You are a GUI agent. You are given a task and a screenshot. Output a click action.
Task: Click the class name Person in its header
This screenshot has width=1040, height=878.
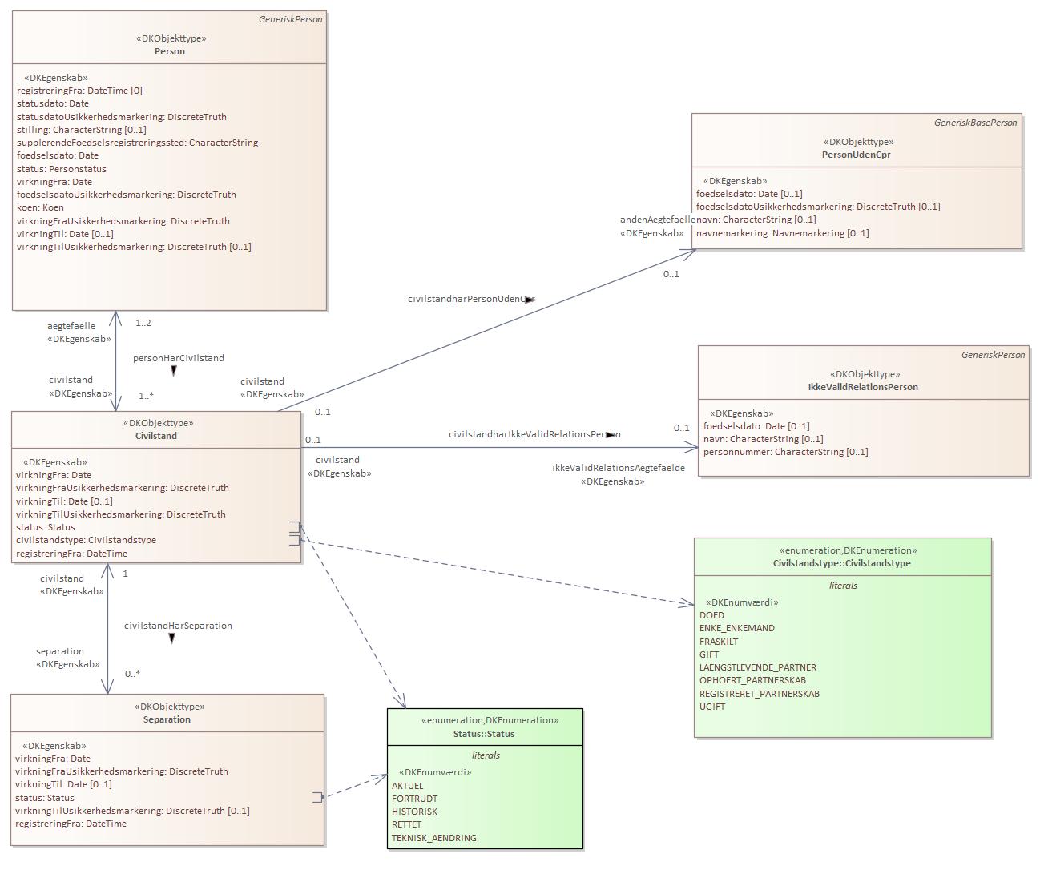(169, 51)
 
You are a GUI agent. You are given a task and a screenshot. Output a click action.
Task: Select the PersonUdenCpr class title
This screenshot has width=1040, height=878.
(856, 155)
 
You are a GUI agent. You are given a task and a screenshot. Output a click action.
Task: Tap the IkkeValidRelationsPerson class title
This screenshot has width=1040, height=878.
(863, 387)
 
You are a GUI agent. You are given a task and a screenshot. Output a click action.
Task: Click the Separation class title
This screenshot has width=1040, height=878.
(167, 719)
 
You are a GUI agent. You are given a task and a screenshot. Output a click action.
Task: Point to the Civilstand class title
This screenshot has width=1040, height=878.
(156, 436)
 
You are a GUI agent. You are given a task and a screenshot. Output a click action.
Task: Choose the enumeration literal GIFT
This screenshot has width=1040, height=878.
(709, 654)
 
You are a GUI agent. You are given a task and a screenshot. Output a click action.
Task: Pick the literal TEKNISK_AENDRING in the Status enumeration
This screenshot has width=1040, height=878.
(433, 838)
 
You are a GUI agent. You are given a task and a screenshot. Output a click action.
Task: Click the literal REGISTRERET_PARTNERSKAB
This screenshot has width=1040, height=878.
(759, 694)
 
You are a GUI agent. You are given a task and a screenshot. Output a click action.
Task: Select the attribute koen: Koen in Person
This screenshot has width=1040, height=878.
(40, 207)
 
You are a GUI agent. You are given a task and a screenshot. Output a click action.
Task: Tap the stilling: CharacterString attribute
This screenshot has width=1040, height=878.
(81, 130)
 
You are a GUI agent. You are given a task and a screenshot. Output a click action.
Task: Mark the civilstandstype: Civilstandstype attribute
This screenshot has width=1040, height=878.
(86, 540)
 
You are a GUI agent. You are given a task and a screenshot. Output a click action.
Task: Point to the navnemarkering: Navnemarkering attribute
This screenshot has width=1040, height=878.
(782, 233)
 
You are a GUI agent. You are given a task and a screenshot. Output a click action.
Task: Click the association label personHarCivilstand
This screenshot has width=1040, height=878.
(178, 358)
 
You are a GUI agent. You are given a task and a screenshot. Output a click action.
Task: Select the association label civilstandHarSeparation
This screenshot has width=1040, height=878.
(178, 626)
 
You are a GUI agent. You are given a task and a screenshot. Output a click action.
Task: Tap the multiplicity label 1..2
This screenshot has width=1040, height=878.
(143, 324)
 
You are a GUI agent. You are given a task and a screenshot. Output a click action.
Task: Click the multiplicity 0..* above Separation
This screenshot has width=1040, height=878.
(132, 674)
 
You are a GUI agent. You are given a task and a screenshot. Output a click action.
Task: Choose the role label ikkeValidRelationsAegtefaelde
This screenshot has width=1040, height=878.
(618, 468)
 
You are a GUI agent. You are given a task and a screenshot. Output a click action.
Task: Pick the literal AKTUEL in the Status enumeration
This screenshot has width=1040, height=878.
(407, 786)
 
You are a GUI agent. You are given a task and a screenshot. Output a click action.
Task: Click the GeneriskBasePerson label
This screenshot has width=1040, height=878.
(975, 123)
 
